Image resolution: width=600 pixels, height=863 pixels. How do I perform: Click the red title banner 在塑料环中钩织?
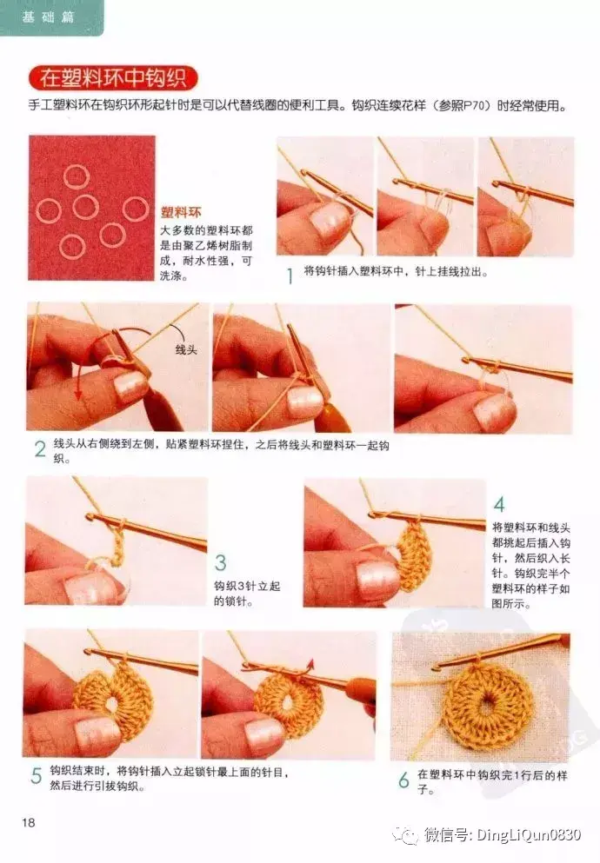pyautogui.click(x=113, y=78)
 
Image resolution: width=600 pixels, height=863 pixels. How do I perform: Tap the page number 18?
pyautogui.click(x=29, y=822)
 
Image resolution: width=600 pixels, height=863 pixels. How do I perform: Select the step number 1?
pyautogui.click(x=290, y=275)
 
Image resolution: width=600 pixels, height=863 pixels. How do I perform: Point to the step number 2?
pyautogui.click(x=40, y=449)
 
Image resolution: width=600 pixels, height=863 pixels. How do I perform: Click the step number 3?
pyautogui.click(x=220, y=562)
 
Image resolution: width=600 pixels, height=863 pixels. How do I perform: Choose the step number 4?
pyautogui.click(x=499, y=504)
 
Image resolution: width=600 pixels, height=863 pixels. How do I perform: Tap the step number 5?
pyautogui.click(x=37, y=776)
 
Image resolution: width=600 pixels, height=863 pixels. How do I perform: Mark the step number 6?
pyautogui.click(x=404, y=780)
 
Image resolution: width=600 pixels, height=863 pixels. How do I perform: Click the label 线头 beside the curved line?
pyautogui.click(x=186, y=350)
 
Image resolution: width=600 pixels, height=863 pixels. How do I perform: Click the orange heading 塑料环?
pyautogui.click(x=181, y=212)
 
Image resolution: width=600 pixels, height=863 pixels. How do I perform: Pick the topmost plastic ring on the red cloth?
pyautogui.click(x=76, y=177)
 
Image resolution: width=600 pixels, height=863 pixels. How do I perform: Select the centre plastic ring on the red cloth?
pyautogui.click(x=86, y=207)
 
